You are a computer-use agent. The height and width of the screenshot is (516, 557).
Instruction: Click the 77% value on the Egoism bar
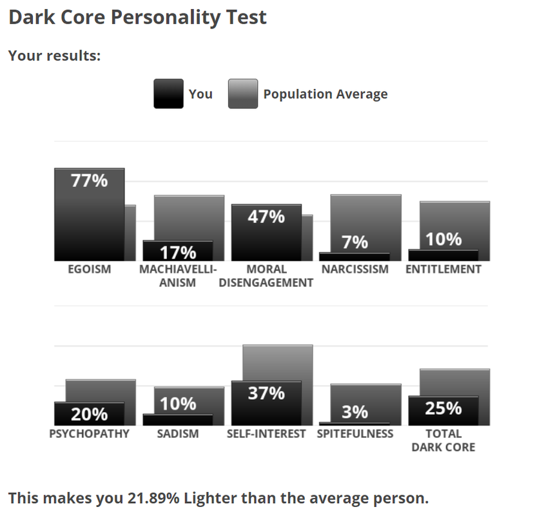pyautogui.click(x=89, y=181)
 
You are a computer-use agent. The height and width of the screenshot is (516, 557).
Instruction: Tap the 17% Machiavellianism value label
pyautogui.click(x=178, y=252)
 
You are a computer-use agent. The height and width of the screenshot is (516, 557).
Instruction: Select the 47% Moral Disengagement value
pyautogui.click(x=266, y=216)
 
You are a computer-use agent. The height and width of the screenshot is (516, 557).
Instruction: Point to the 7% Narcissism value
pyautogui.click(x=355, y=243)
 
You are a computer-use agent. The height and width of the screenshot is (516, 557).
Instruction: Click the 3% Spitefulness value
pyautogui.click(x=355, y=412)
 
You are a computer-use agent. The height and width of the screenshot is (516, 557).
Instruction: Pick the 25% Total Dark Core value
pyautogui.click(x=444, y=408)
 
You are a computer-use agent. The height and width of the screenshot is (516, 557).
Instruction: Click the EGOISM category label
pyautogui.click(x=89, y=270)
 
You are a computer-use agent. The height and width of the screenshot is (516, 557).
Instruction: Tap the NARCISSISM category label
pyautogui.click(x=355, y=270)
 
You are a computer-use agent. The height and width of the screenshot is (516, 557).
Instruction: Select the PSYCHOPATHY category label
pyautogui.click(x=89, y=434)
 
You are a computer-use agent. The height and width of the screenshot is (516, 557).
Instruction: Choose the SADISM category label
pyautogui.click(x=178, y=434)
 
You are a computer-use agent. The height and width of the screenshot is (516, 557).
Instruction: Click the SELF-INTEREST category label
pyautogui.click(x=266, y=434)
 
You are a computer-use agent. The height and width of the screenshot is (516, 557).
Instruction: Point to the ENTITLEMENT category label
pyautogui.click(x=444, y=270)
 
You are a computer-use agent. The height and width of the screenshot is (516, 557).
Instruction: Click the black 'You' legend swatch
pyautogui.click(x=168, y=94)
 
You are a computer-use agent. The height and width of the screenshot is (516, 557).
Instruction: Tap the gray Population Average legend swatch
pyautogui.click(x=243, y=94)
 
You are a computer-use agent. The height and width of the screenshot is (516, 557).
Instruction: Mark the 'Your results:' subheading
pyautogui.click(x=55, y=55)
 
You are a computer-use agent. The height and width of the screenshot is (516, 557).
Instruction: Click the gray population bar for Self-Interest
pyautogui.click(x=277, y=361)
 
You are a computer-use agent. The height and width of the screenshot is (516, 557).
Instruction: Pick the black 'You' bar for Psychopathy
pyautogui.click(x=89, y=413)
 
